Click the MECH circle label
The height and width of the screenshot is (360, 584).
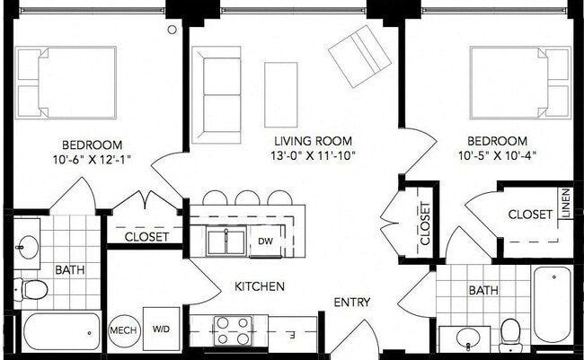pyautogui.click(x=124, y=330)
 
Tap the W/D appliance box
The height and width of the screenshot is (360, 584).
pyautogui.click(x=161, y=329)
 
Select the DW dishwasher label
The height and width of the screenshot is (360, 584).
pyautogui.click(x=266, y=241)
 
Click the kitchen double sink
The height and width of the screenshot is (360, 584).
pyautogui.click(x=226, y=241)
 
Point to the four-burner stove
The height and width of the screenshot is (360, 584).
pyautogui.click(x=233, y=330)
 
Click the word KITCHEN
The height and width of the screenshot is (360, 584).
pyautogui.click(x=260, y=286)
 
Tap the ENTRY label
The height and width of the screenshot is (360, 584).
pyautogui.click(x=352, y=302)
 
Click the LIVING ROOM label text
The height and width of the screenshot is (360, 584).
pyautogui.click(x=314, y=141)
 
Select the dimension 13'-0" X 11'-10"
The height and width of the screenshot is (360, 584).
pyautogui.click(x=313, y=155)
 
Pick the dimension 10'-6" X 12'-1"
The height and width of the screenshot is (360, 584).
pyautogui.click(x=92, y=159)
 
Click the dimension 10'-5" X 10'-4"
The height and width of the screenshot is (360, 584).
pyautogui.click(x=497, y=155)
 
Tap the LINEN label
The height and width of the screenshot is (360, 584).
pyautogui.click(x=566, y=203)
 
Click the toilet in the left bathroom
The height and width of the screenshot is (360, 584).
pyautogui.click(x=31, y=289)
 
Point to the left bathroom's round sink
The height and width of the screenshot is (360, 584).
pyautogui.click(x=28, y=247)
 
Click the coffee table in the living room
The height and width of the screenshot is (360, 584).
pyautogui.click(x=281, y=95)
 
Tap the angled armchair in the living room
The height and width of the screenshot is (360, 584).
pyautogui.click(x=359, y=57)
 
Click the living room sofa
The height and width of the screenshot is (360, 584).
pyautogui.click(x=217, y=95)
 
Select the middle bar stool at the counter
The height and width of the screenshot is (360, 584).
pyautogui.click(x=247, y=198)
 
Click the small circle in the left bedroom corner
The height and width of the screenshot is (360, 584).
pyautogui.click(x=173, y=30)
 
